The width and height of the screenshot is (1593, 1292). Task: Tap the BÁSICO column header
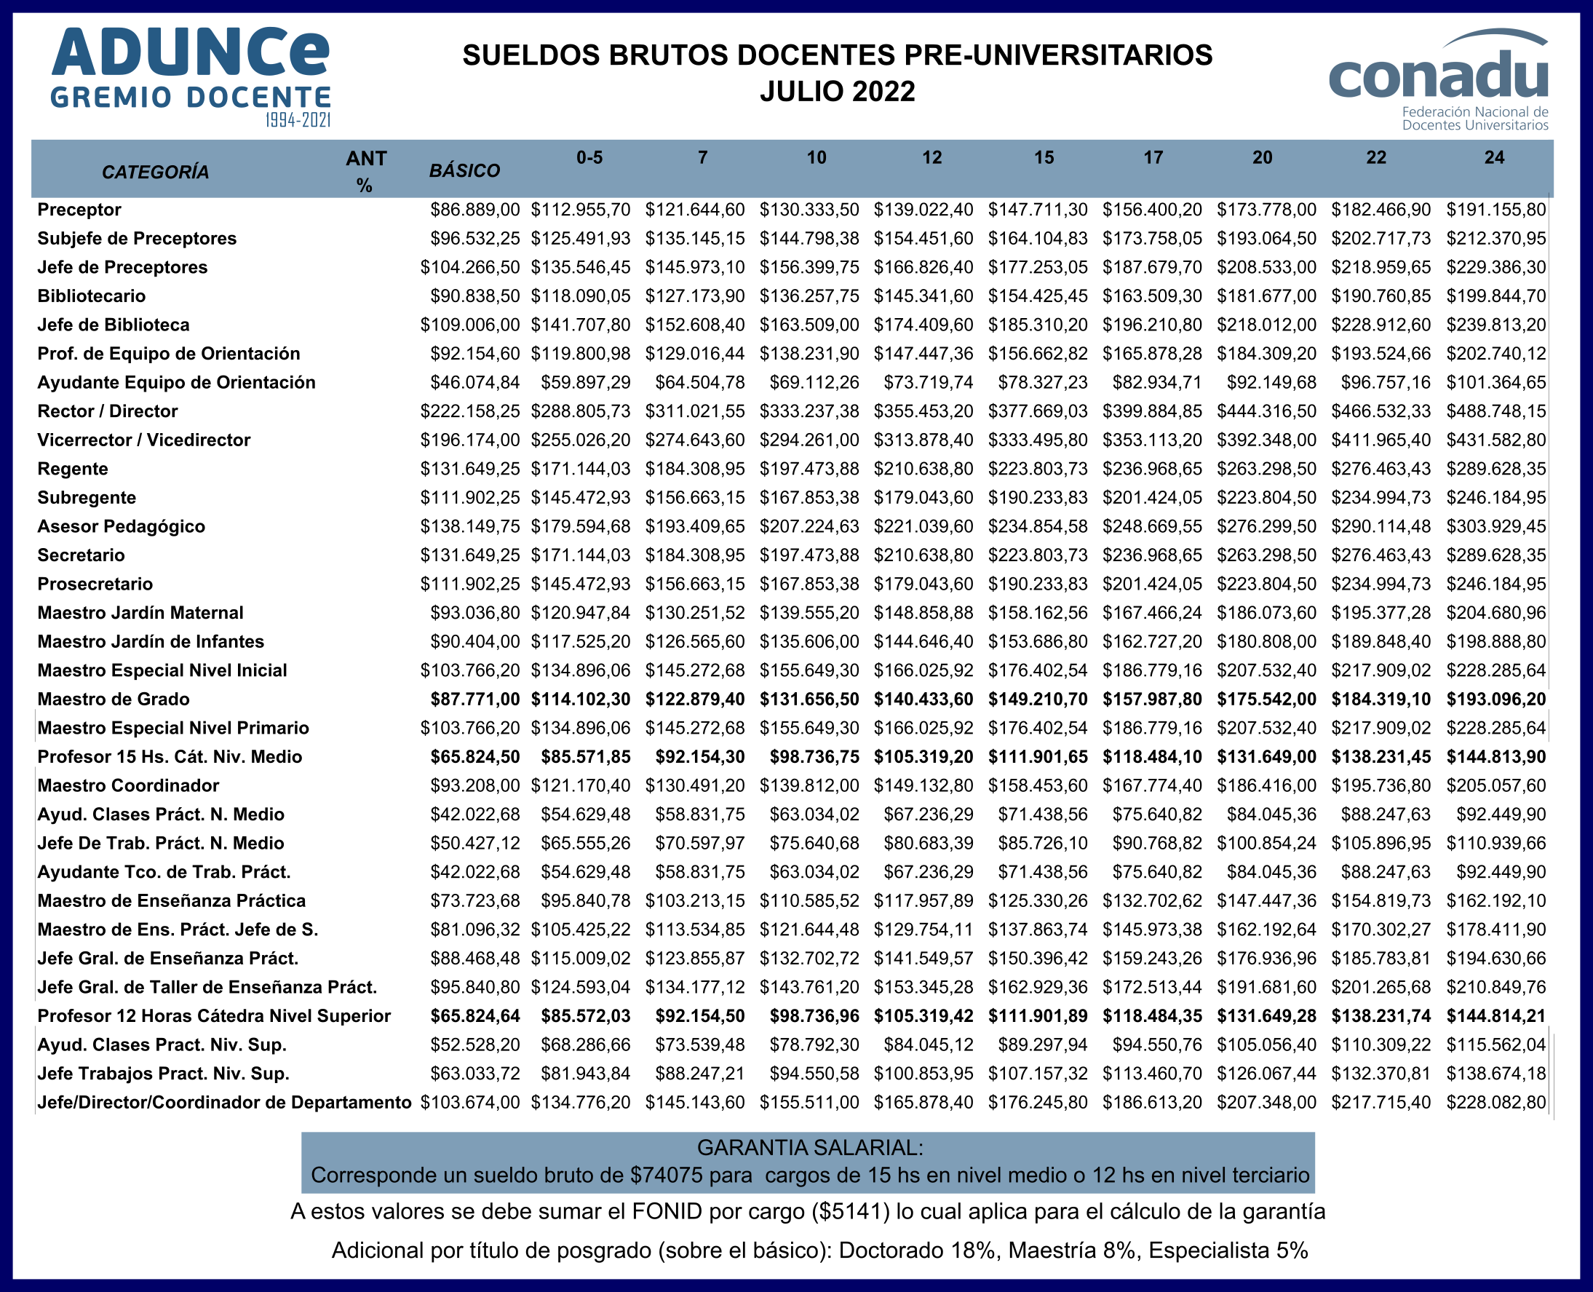[464, 171]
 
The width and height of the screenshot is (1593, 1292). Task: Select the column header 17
[1153, 158]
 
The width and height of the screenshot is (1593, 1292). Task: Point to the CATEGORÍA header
[155, 172]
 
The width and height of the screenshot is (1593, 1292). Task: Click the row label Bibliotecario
[92, 296]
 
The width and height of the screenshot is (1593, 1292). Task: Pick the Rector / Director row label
[108, 411]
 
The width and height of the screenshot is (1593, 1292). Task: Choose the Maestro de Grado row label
[114, 699]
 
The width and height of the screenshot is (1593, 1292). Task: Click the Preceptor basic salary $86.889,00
[474, 210]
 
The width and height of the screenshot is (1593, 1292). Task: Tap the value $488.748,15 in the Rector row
[1495, 411]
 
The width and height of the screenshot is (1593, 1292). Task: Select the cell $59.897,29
[586, 383]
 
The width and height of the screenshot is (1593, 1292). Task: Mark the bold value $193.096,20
[1495, 699]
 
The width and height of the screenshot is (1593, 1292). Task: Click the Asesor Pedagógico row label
[122, 527]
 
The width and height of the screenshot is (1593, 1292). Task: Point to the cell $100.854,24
[1266, 843]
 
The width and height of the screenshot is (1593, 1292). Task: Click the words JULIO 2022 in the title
[837, 92]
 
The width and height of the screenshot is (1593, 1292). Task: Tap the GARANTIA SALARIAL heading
[809, 1148]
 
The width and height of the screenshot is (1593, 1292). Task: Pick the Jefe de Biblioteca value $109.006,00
[470, 325]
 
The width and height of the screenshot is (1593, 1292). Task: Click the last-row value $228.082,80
[1495, 1103]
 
